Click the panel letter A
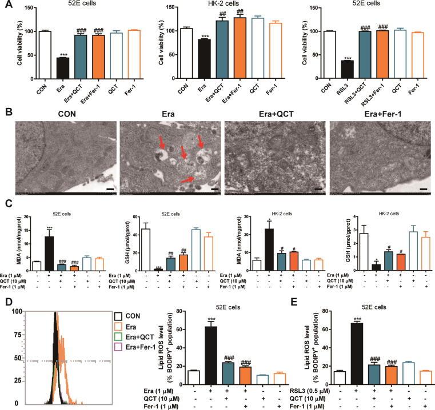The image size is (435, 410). pyautogui.click(x=5, y=6)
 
